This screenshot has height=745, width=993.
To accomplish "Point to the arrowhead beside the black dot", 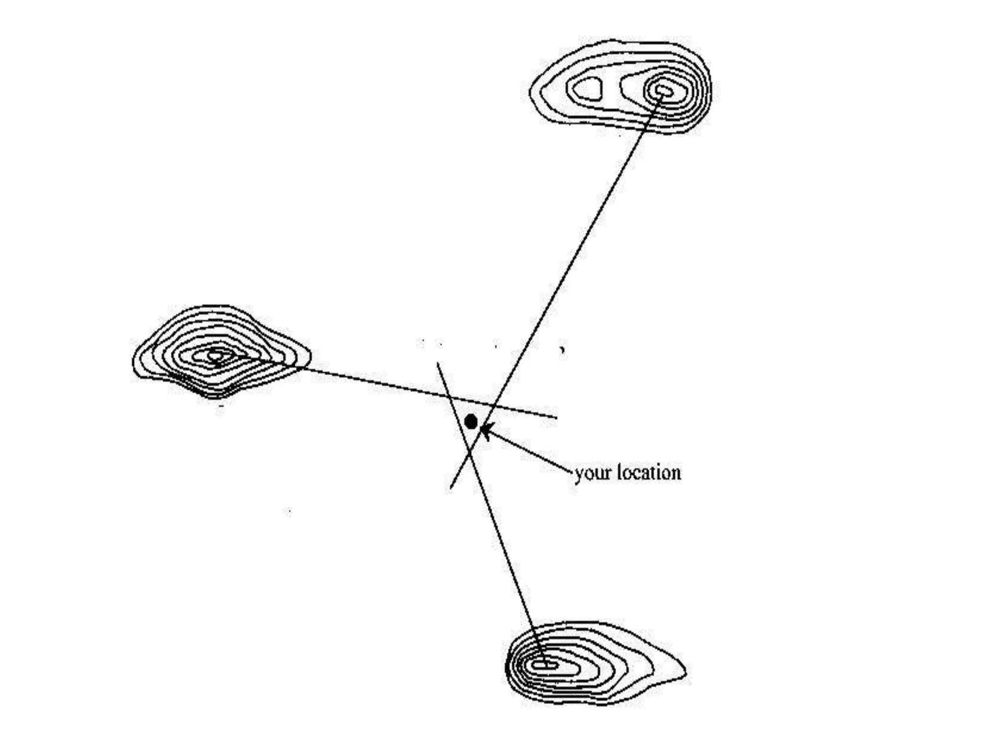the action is click(485, 430).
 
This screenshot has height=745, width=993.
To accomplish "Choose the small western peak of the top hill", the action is click(587, 89).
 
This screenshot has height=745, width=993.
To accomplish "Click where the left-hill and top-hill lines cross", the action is click(494, 405).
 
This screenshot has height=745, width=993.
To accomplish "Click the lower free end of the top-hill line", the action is click(451, 487).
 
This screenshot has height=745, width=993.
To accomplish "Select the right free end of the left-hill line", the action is click(556, 417).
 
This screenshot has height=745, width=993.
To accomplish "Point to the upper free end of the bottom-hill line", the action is click(438, 363).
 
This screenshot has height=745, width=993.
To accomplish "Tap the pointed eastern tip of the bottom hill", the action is click(685, 672).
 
